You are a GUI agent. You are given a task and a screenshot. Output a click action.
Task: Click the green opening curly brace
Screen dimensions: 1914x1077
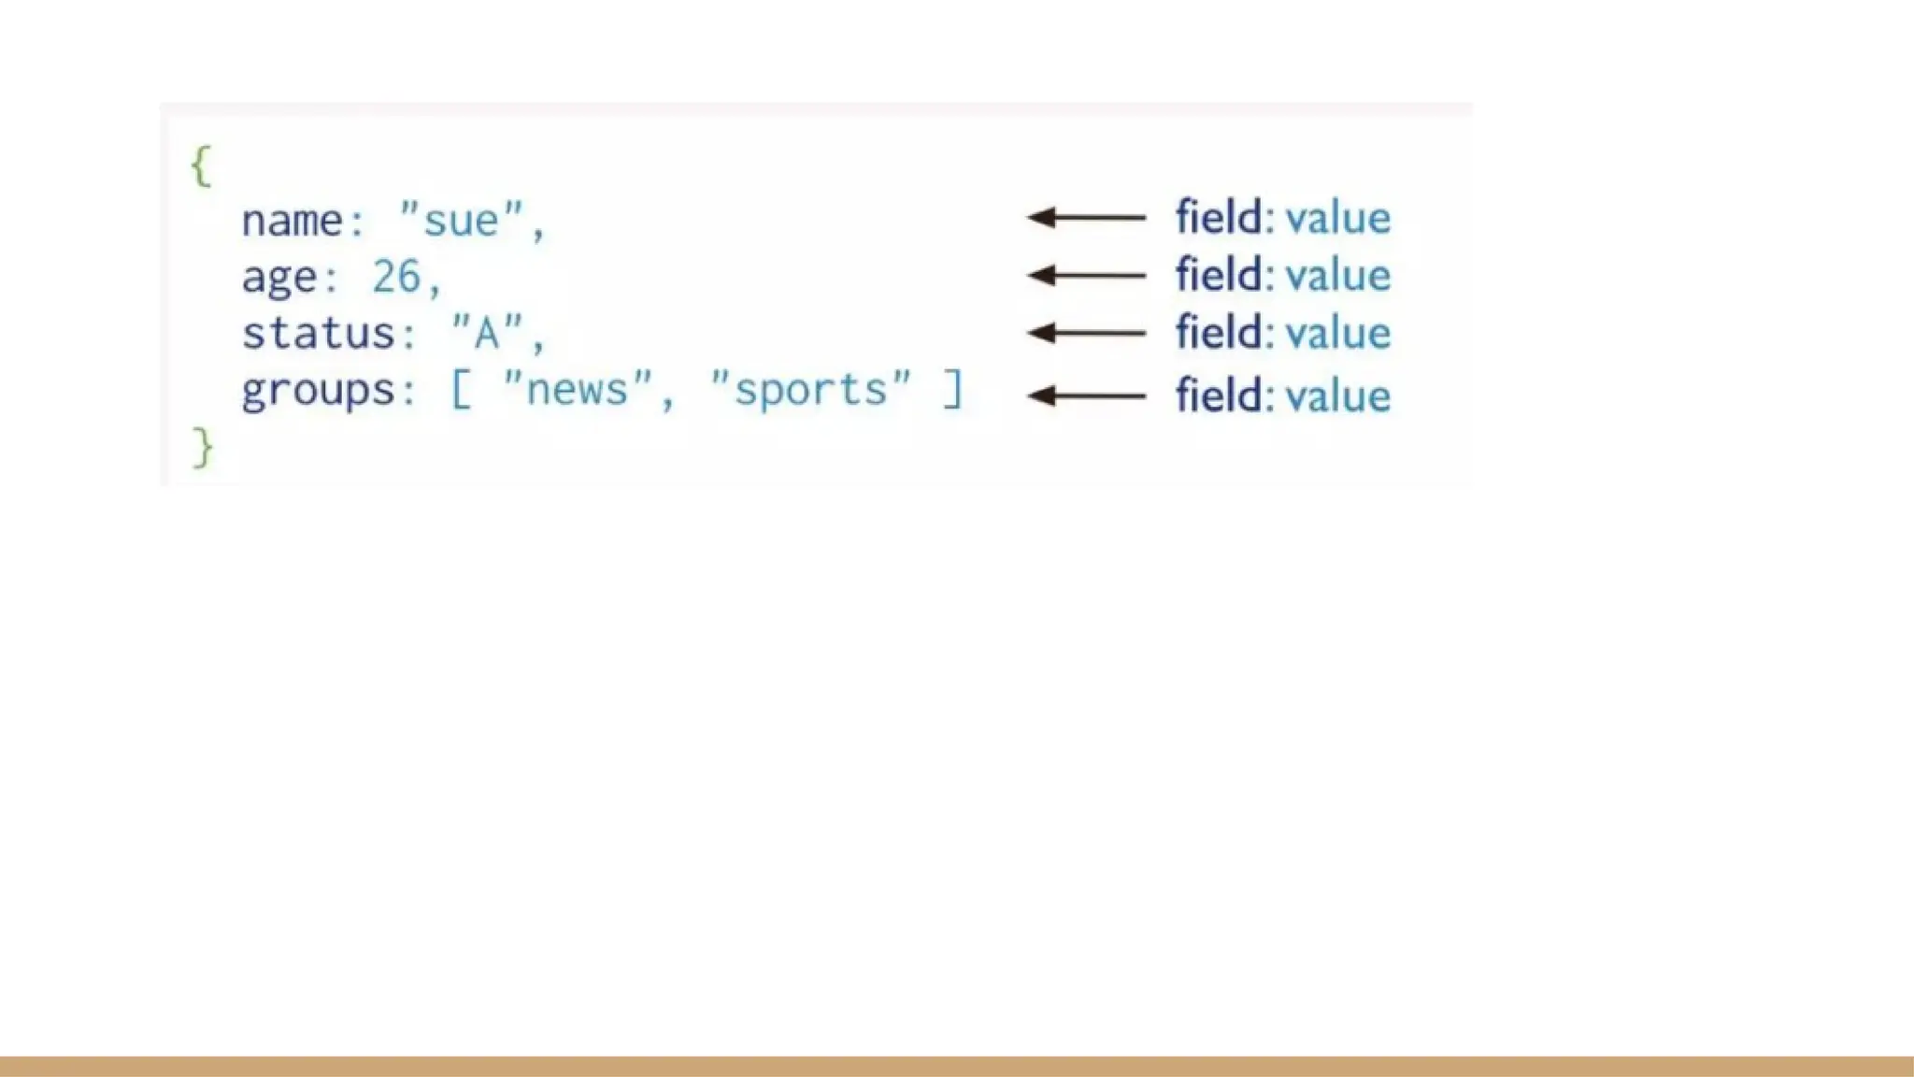(201, 167)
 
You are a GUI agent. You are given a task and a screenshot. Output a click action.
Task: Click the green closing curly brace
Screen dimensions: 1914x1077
(203, 448)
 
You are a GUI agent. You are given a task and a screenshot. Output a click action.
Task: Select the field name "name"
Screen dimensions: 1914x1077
(292, 222)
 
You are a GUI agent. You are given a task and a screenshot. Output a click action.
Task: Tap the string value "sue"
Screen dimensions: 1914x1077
(461, 221)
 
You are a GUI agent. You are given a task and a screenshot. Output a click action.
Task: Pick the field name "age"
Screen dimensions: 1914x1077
(279, 278)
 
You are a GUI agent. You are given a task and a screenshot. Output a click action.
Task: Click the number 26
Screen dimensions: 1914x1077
(396, 277)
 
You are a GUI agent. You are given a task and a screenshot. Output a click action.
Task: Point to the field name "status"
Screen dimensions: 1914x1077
(318, 334)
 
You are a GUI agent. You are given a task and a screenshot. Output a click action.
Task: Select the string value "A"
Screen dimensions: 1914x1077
(487, 334)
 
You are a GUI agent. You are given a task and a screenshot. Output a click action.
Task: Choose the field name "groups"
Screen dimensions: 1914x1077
(318, 391)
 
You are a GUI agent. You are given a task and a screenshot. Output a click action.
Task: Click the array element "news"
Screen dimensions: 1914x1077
(578, 389)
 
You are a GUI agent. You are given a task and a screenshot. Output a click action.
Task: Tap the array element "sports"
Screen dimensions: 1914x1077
(810, 389)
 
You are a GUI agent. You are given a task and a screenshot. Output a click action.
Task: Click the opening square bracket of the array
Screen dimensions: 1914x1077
(461, 389)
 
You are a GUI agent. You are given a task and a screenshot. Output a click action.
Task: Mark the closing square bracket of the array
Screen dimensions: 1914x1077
(952, 389)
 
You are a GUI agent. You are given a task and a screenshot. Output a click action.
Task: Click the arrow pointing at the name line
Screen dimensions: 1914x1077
(1086, 218)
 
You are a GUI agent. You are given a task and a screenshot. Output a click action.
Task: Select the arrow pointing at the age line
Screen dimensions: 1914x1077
(1086, 275)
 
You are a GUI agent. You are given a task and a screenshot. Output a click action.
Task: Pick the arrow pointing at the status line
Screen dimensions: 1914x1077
(1086, 333)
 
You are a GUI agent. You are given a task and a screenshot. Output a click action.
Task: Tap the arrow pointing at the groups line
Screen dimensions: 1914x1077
(1086, 395)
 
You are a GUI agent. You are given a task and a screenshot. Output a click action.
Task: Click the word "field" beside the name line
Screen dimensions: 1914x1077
(1219, 217)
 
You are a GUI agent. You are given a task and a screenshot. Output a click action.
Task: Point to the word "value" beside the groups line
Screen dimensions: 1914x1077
(1338, 395)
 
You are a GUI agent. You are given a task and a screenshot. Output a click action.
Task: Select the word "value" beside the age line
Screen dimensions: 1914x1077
(1338, 275)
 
